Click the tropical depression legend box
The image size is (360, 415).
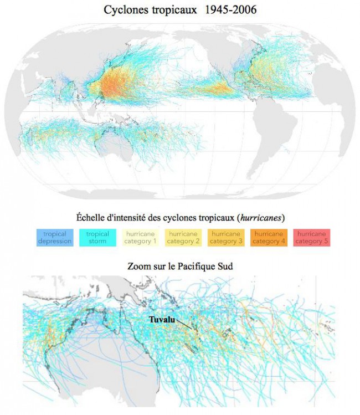pos(55,238)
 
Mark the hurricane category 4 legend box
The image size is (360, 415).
pos(267,238)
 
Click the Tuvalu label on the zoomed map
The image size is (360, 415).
pos(161,320)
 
